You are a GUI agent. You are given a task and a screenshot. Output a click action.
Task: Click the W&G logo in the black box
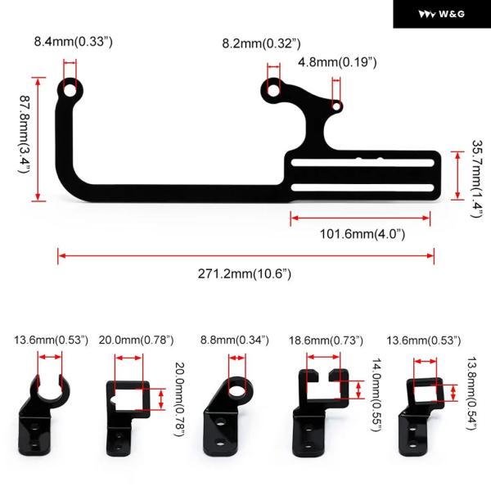coord(442,14)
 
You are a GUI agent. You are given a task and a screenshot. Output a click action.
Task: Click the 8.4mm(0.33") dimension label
coord(74,42)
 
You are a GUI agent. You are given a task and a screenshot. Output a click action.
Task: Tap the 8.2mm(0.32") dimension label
coord(262,43)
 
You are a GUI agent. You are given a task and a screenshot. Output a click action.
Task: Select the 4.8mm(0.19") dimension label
coord(337,62)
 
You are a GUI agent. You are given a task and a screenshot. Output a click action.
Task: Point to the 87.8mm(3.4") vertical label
coord(24,134)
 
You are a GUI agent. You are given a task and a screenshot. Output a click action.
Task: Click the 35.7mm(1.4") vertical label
coord(477,178)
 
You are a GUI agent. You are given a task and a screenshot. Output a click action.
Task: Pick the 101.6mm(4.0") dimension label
coord(363,234)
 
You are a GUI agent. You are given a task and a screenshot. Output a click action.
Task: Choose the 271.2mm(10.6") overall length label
coord(245,274)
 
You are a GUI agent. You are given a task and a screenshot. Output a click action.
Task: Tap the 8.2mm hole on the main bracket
coord(273,90)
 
